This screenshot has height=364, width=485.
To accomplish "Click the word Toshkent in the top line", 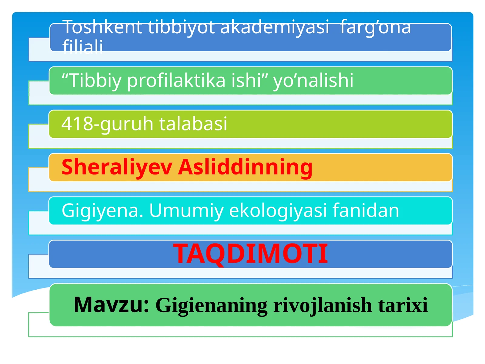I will pyautogui.click(x=103, y=27).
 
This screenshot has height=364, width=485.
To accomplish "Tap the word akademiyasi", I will pyautogui.click(x=274, y=27).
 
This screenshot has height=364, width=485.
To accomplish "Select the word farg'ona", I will pyautogui.click(x=375, y=27).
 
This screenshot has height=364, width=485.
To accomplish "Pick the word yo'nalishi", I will pyautogui.click(x=313, y=81).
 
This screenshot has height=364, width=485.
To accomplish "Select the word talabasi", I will pyautogui.click(x=193, y=124).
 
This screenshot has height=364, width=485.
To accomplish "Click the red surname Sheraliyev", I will pyautogui.click(x=117, y=167).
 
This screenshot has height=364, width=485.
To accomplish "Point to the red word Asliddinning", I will pyautogui.click(x=245, y=167).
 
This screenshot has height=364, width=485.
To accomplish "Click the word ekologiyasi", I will pyautogui.click(x=279, y=211).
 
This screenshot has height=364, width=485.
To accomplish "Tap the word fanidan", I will pyautogui.click(x=366, y=211).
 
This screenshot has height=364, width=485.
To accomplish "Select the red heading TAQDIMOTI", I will pyautogui.click(x=250, y=254).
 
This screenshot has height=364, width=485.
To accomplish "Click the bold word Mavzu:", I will pyautogui.click(x=112, y=305).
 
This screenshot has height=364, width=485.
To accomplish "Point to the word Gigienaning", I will pyautogui.click(x=212, y=305).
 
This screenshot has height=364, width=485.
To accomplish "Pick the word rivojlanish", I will pyautogui.click(x=323, y=305).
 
